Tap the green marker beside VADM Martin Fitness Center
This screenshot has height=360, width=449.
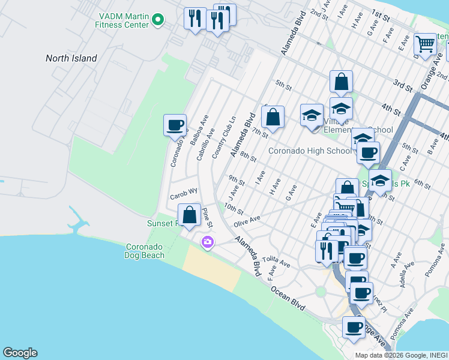[158, 20]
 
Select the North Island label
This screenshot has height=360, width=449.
[71, 58]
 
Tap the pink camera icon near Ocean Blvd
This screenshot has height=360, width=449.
[208, 242]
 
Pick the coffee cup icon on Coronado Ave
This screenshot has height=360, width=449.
[175, 125]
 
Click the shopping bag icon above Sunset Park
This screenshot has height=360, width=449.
[190, 215]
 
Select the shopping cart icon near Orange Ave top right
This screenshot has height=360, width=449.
[426, 44]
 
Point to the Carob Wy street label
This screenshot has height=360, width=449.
[184, 195]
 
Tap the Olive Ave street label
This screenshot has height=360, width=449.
[247, 221]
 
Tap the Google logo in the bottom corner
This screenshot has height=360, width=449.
[20, 353]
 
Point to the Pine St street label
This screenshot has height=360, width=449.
[207, 217]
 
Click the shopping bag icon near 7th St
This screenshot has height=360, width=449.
[273, 118]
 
